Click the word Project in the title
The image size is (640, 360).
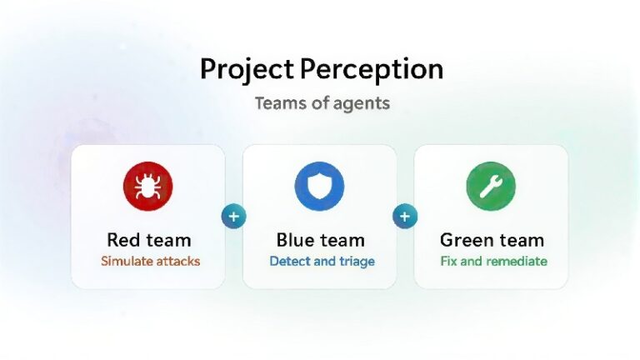click(247, 69)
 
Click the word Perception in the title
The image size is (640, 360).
click(372, 69)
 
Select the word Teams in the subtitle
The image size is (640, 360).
click(281, 102)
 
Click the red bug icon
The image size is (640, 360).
click(148, 187)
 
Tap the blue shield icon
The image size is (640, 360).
click(320, 187)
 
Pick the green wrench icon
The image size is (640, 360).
click(491, 187)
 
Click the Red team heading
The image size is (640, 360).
click(149, 240)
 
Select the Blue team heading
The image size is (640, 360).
click(320, 240)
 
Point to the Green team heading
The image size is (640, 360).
click(492, 240)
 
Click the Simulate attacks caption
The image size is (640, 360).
click(151, 261)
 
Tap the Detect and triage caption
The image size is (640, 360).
click(322, 261)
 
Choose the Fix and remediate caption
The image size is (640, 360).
click(494, 261)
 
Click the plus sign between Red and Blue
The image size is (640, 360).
click(234, 217)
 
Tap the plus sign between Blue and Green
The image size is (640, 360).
click(405, 217)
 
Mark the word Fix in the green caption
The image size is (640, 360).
click(448, 261)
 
